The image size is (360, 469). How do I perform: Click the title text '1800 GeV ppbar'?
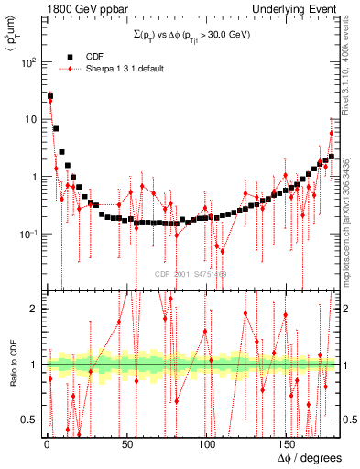43,8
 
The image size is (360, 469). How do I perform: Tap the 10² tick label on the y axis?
28,62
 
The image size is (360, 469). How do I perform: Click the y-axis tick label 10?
30,119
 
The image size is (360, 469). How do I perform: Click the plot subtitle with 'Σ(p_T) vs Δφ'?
191,34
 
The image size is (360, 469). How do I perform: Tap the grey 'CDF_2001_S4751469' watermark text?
191,272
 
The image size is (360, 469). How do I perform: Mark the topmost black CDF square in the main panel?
50,97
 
